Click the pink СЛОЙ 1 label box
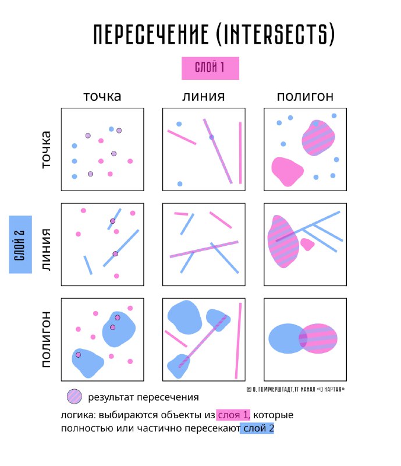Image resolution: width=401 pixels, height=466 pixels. coord(210,68)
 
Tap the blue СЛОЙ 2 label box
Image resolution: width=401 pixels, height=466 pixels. coord(20,244)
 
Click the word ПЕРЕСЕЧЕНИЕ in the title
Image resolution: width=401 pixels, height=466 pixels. coord(151,34)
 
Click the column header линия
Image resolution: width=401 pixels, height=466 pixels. coord(204,96)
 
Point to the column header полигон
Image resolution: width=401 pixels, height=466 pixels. coord(305,96)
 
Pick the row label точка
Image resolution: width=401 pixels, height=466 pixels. coord(46,150)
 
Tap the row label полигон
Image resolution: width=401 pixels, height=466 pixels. coord(46,340)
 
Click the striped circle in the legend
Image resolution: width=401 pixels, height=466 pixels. coord(74,397)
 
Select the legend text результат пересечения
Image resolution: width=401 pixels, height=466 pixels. coord(144,397)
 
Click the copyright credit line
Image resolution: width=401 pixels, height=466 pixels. coord(296,389)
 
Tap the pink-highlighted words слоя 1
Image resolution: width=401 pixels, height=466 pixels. coord(233,415)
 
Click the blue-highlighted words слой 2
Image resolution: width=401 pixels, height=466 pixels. coord(257,428)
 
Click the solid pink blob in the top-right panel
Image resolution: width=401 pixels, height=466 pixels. coord(287,171)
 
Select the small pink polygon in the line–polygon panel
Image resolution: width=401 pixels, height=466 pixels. coord(307,244)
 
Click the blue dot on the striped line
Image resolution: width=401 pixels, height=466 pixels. coord(211,137)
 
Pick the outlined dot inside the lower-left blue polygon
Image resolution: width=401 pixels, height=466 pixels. coord(78,355)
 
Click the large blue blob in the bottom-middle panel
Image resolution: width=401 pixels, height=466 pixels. coord(184,317)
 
